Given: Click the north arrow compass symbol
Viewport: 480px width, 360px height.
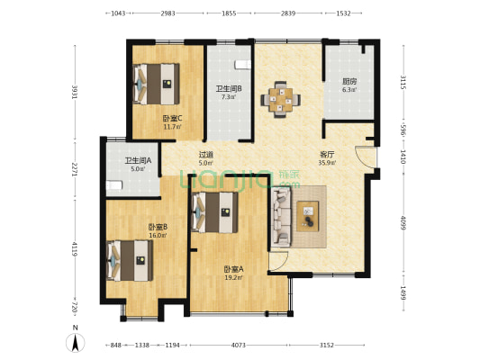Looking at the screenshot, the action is [x=76, y=343].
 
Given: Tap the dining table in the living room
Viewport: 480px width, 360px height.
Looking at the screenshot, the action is [x=280, y=100].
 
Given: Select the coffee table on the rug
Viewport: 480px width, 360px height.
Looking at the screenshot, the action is [x=308, y=216].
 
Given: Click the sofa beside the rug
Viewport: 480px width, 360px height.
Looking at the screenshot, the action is [x=281, y=217].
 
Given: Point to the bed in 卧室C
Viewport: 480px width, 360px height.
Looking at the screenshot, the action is [x=156, y=84].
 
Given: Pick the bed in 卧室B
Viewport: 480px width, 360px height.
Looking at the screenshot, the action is [x=130, y=261].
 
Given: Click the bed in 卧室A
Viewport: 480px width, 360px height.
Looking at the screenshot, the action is [x=214, y=212].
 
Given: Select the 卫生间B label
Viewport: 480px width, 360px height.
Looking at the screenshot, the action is [x=229, y=89].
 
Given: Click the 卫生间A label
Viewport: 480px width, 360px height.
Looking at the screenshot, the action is [x=138, y=160].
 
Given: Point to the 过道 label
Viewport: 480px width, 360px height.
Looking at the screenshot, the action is [x=205, y=155].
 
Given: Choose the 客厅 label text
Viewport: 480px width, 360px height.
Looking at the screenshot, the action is [x=327, y=155].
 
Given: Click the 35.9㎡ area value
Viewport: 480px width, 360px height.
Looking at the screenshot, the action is [x=327, y=163].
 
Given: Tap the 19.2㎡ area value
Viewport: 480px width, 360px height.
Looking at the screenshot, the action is [x=234, y=278].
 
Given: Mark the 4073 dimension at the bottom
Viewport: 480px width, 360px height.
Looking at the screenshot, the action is [x=239, y=346].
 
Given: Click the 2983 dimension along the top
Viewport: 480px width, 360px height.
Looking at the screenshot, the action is [x=168, y=13].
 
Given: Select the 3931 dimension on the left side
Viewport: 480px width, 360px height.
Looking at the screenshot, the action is [x=75, y=92].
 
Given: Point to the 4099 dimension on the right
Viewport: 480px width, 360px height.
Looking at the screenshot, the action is [x=403, y=223].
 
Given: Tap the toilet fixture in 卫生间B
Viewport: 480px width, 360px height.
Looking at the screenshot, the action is [x=243, y=65].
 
